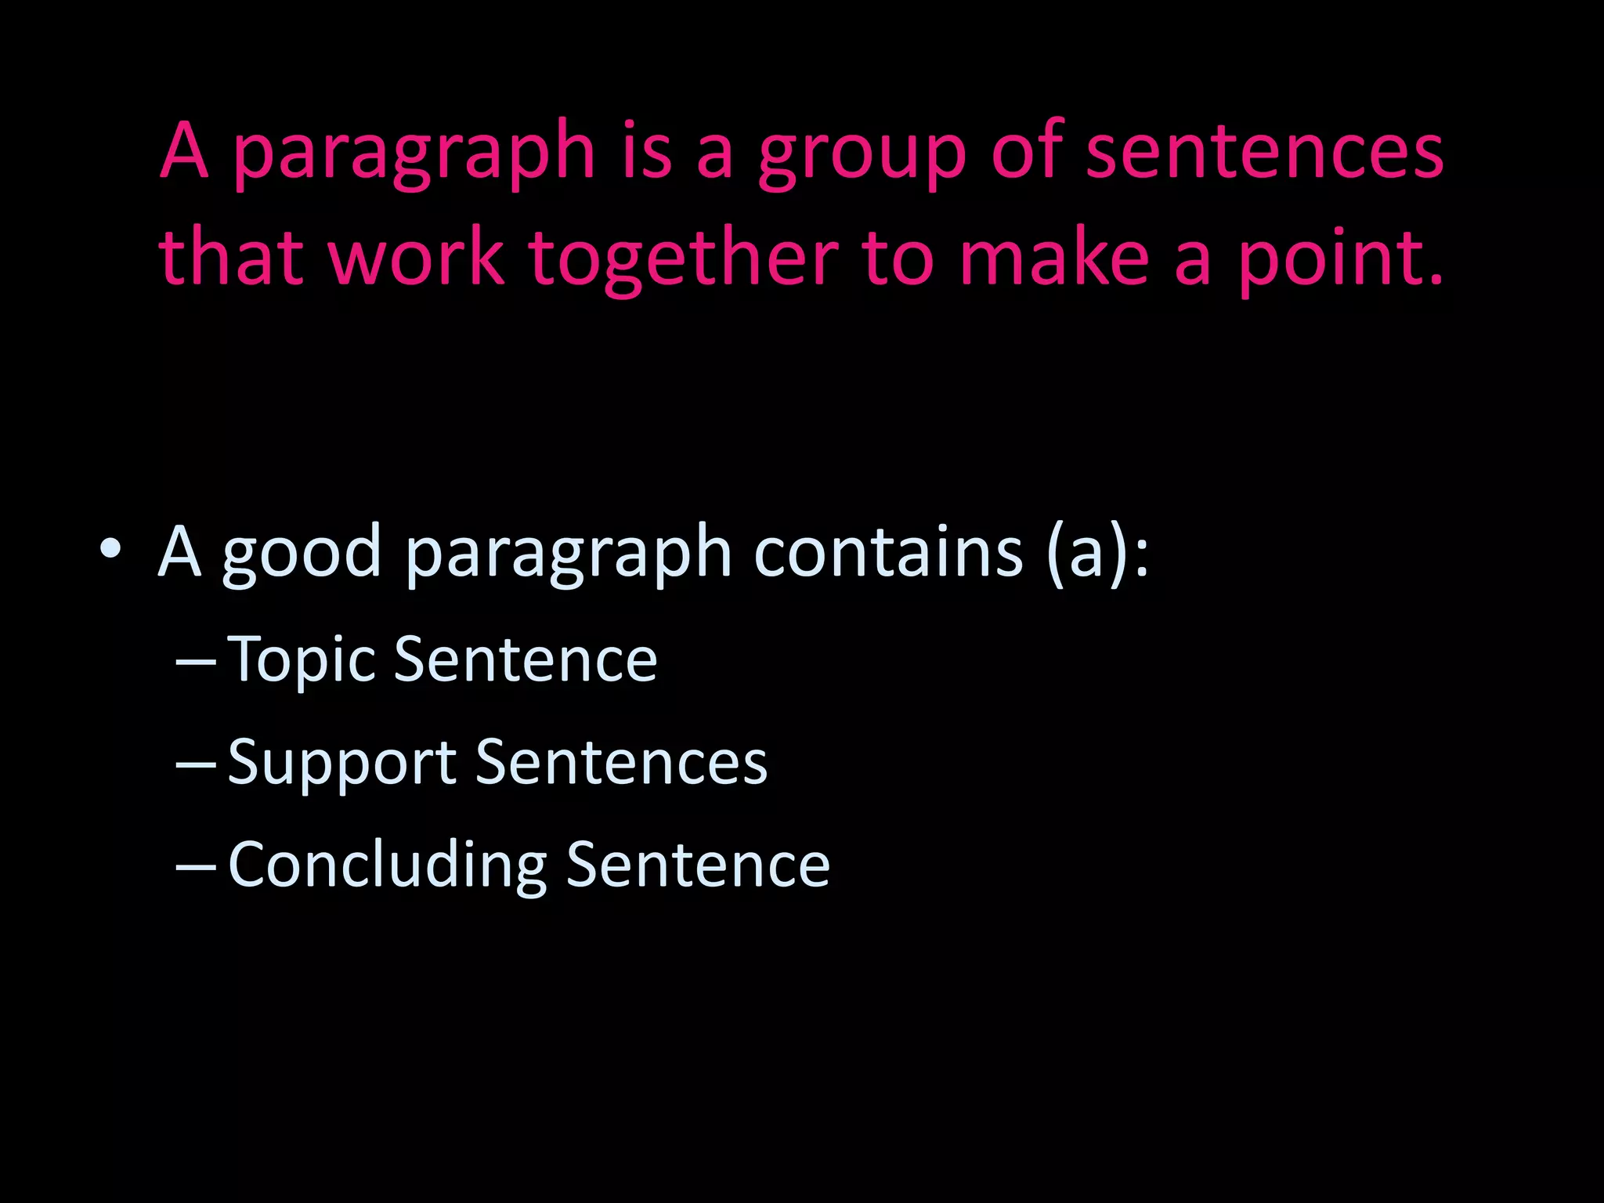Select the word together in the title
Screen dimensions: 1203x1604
click(683, 258)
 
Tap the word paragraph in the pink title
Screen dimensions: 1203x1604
click(414, 153)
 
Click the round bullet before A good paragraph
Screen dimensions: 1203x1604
click(110, 549)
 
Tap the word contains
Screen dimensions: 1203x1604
click(888, 551)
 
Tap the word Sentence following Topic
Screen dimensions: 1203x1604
click(525, 659)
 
